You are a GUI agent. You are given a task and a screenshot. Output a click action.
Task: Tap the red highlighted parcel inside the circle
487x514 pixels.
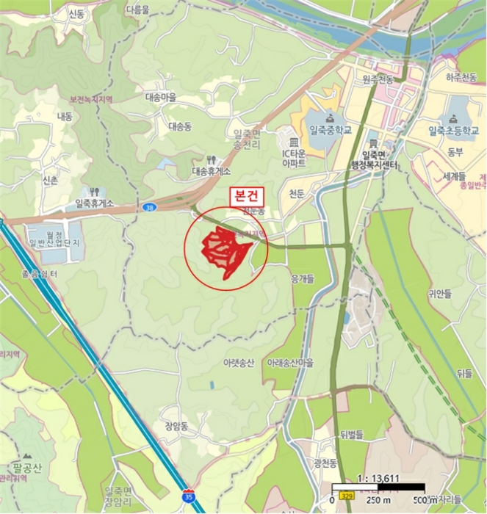tap(225, 250)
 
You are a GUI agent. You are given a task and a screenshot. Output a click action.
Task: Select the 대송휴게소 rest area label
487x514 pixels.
tap(211, 171)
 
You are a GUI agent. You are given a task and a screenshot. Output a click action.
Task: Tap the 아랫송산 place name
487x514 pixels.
tap(239, 363)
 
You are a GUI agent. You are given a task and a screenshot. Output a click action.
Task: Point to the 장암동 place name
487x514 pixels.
tap(177, 426)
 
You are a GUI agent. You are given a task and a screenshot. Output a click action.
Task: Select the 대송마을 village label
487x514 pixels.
tap(161, 97)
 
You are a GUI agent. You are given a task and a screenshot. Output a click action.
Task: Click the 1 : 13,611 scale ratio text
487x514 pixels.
tap(377, 479)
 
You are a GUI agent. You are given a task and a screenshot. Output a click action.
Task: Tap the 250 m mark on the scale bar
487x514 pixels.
tap(375, 500)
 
